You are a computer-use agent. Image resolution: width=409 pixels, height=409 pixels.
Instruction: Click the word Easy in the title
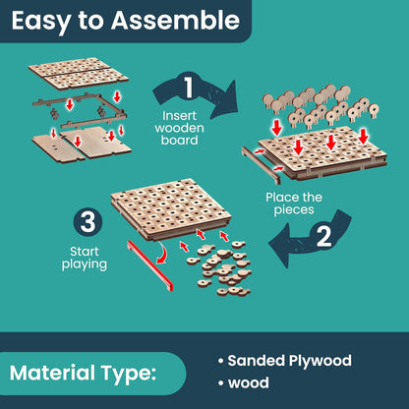(x=41, y=22)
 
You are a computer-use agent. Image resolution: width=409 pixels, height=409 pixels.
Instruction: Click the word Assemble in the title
(x=175, y=21)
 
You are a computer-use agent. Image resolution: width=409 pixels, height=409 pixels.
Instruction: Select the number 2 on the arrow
(x=323, y=237)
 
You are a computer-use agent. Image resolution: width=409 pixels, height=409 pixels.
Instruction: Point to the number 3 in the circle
(x=88, y=223)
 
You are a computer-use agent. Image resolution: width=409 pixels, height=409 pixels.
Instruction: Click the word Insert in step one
(x=179, y=116)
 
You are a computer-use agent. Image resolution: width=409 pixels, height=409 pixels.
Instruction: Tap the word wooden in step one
(x=179, y=128)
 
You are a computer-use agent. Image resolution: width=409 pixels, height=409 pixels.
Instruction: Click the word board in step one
(x=179, y=141)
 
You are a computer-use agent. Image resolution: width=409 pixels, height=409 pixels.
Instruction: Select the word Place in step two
(x=279, y=198)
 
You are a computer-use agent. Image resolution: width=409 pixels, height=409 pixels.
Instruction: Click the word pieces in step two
(x=294, y=210)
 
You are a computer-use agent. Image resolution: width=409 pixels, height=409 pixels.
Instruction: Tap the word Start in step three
(x=85, y=252)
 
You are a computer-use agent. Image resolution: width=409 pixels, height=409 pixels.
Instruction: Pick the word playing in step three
(x=85, y=264)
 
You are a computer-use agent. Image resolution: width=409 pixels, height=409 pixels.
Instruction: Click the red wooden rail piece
(x=149, y=264)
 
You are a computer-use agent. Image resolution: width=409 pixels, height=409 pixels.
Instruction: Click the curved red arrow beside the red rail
(x=163, y=252)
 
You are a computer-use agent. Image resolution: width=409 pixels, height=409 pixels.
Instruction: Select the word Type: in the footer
(x=128, y=375)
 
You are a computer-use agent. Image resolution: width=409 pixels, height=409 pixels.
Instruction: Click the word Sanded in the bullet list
(x=256, y=361)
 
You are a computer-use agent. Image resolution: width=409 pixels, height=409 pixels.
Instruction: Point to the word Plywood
(x=320, y=362)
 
